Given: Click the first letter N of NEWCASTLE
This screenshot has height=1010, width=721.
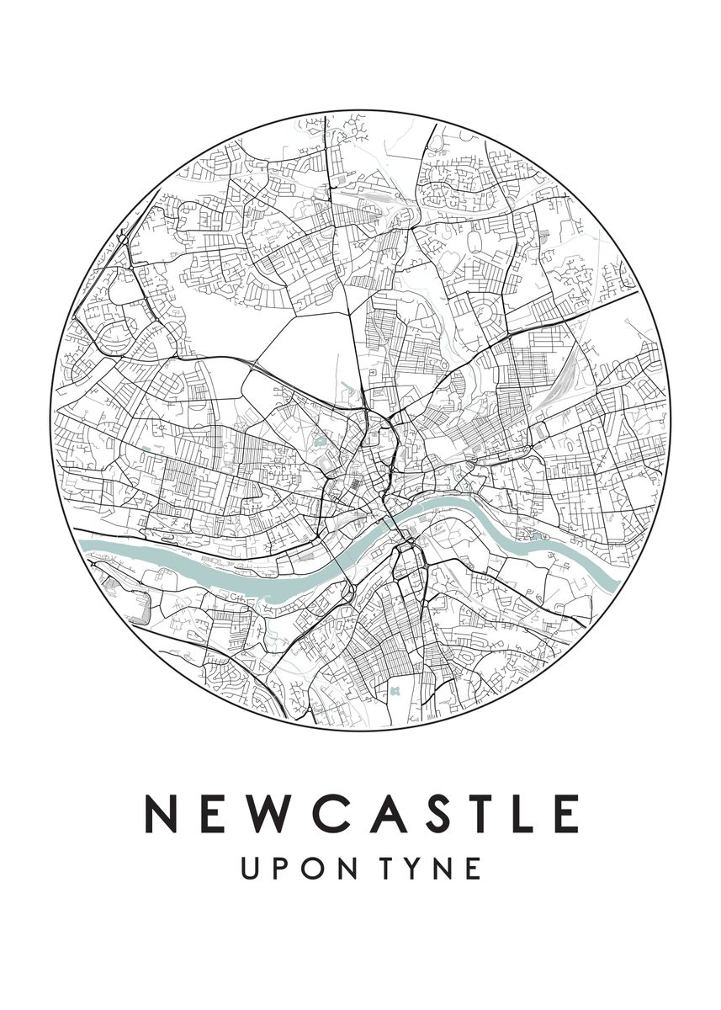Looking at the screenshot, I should [161, 814].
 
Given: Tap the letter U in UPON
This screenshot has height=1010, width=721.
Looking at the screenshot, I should [250, 869].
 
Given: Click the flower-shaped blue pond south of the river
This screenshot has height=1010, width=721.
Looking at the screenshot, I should [394, 690].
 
